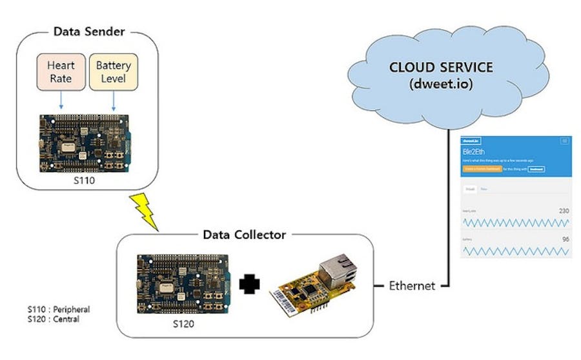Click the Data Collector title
(245, 235)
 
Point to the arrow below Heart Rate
(61, 100)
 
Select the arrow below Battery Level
(114, 100)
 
